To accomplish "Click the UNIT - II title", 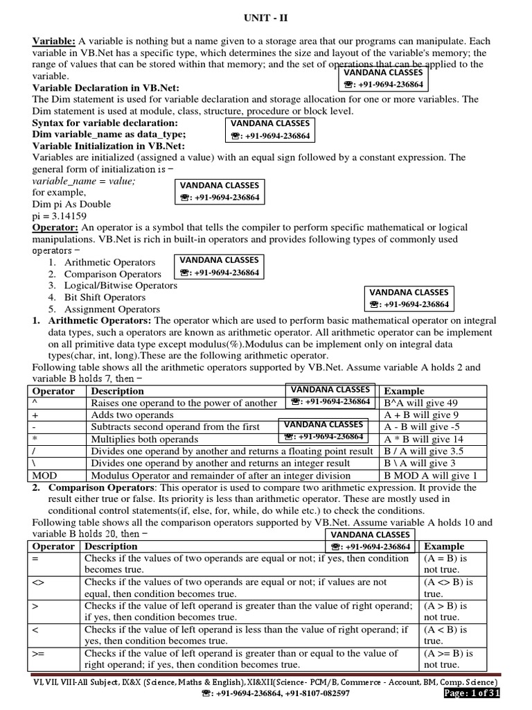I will tap(265, 18).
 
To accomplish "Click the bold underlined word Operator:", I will tap(55, 227).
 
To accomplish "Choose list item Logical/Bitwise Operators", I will tap(121, 286).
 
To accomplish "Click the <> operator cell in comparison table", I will tap(37, 582).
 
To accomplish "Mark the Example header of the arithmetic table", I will tap(405, 391).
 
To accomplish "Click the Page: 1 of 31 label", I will tap(471, 693).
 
